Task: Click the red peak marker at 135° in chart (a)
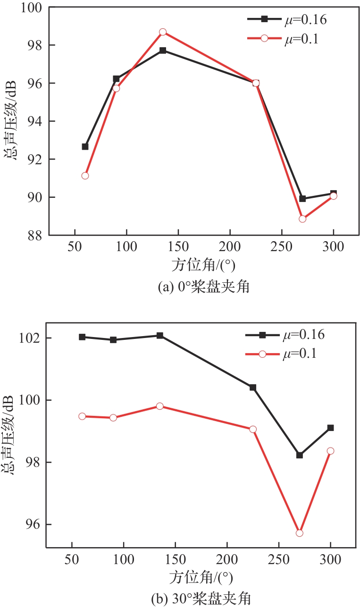click(x=163, y=32)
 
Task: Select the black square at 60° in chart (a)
click(x=85, y=147)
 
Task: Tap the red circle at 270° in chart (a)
click(x=302, y=219)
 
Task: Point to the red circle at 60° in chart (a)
click(x=85, y=176)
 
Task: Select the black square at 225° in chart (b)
click(x=253, y=388)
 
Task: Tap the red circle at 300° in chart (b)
click(x=330, y=451)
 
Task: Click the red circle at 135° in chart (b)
click(x=160, y=406)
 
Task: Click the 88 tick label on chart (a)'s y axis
click(x=35, y=235)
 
